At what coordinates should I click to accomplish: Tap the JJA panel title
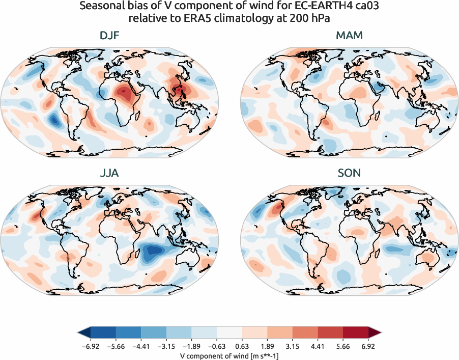tap(110, 174)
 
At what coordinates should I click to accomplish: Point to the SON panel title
tap(349, 174)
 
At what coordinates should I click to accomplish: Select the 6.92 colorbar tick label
tap(368, 346)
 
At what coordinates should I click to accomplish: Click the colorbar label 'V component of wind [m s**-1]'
tap(230, 355)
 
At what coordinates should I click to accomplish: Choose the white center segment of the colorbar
tap(230, 333)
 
